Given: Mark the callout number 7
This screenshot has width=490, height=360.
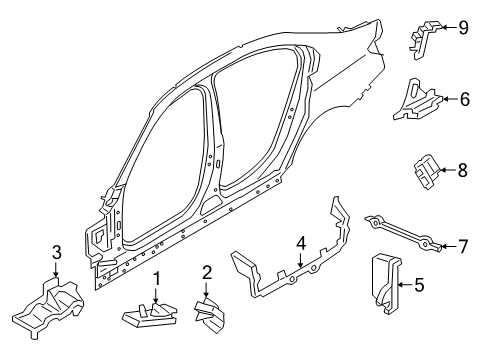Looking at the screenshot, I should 462,244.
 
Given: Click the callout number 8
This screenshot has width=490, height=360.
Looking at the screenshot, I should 462,171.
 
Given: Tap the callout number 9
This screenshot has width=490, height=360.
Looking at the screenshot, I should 463,27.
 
